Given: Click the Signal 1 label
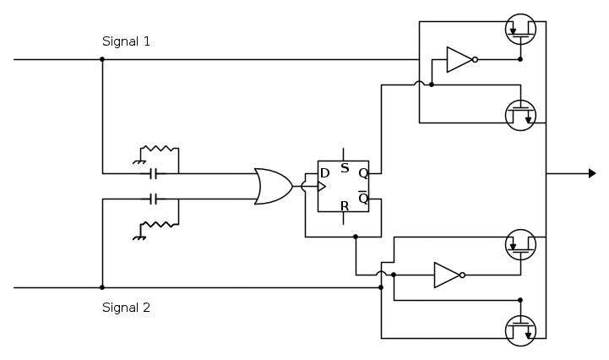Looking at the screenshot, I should point(126,41).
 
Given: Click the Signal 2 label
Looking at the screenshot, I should point(126,308).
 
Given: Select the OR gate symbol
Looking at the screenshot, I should point(272,186).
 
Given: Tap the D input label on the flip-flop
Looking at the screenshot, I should point(324,173).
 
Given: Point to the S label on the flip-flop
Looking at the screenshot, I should point(344,168).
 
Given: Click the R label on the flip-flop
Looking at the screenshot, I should point(344,205).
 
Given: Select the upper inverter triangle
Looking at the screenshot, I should point(459,60).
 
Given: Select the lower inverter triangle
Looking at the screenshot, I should point(446,275).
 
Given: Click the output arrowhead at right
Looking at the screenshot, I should point(592,173).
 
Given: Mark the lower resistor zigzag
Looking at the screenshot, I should point(160,225).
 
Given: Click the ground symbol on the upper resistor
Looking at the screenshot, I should point(138,160).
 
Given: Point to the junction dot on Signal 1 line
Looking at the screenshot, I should point(102,60).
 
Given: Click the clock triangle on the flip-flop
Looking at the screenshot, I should point(322,186).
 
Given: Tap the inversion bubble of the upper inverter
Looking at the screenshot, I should point(476,60).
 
